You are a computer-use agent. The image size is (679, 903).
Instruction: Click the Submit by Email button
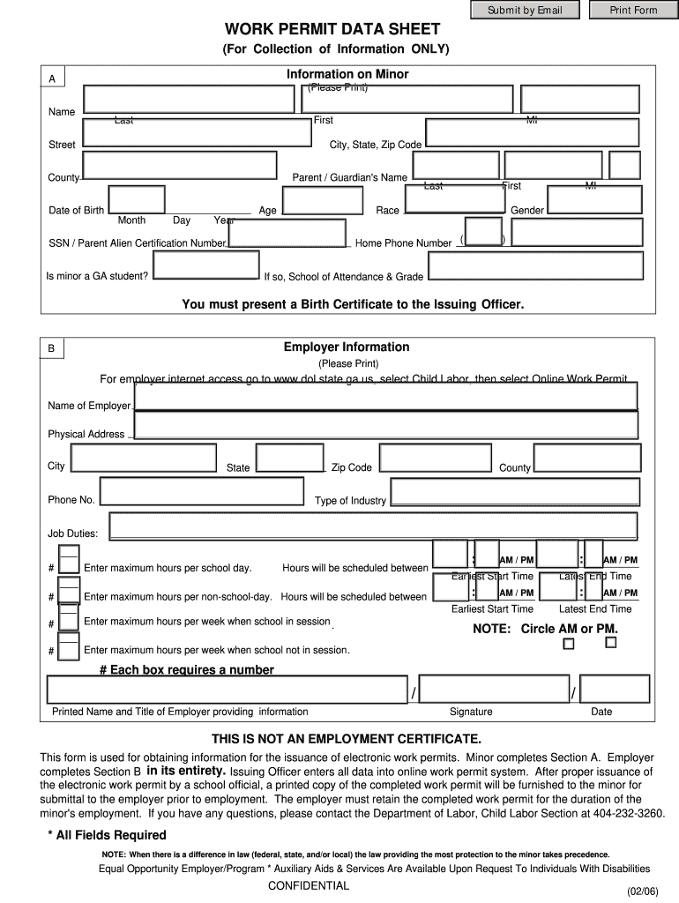(524, 11)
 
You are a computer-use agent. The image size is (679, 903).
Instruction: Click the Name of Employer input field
(385, 397)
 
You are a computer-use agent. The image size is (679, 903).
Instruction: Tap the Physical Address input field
(385, 425)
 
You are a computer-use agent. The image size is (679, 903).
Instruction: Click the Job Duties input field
(372, 526)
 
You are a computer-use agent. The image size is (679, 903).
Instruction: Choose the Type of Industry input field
(514, 492)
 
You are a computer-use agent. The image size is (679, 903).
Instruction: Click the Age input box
(323, 200)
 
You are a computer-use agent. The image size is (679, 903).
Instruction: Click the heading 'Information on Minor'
(347, 75)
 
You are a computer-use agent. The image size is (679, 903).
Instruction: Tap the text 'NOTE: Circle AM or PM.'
(545, 629)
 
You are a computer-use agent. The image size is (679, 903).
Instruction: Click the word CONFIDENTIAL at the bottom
(309, 885)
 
